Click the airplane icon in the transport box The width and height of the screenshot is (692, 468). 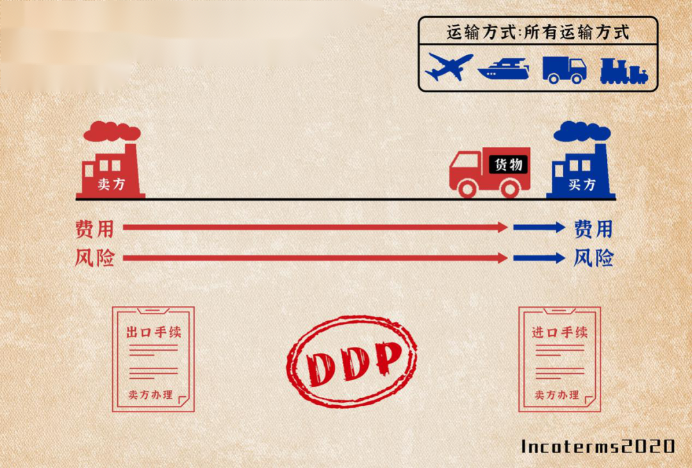point(449,67)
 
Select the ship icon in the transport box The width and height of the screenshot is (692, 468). point(504,69)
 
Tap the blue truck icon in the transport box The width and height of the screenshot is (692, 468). point(564,69)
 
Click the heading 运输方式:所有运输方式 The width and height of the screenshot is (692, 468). point(538,32)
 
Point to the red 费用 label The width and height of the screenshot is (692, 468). point(94,228)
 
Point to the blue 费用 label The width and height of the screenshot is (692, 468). point(593,228)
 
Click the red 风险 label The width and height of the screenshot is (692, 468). point(94,258)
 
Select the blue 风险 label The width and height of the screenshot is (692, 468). point(593,258)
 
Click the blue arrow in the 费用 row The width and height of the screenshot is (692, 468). point(539,227)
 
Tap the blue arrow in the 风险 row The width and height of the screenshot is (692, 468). point(539,258)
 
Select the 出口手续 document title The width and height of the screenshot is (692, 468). point(154,333)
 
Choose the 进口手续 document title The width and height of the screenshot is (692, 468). point(559,333)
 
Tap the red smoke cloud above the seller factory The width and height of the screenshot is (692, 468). point(111,131)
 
